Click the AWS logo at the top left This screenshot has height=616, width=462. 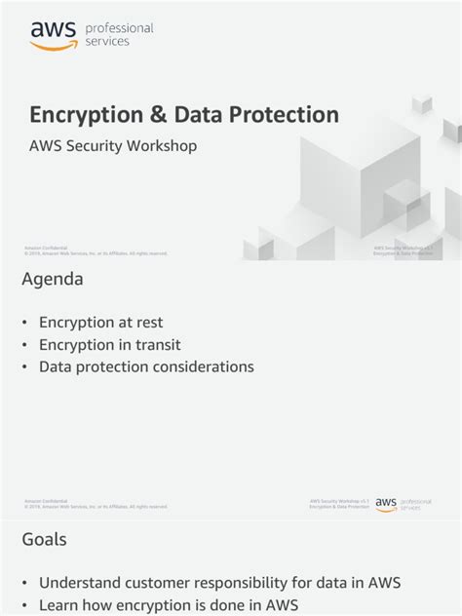(x=53, y=35)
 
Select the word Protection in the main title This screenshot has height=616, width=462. (x=283, y=115)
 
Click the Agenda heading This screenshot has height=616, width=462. (x=53, y=280)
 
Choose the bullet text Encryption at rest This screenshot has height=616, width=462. (x=100, y=323)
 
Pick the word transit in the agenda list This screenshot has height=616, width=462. (x=157, y=345)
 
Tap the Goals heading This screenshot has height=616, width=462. (x=45, y=539)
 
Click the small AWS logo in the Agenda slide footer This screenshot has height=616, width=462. (x=387, y=504)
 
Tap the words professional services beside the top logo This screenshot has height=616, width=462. (x=120, y=35)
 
